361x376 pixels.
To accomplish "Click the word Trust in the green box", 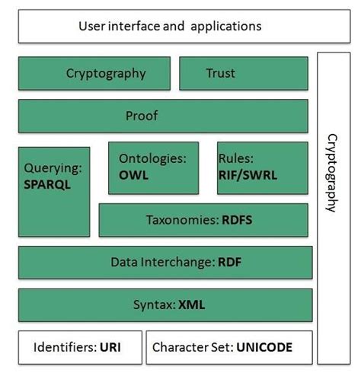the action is (221, 73).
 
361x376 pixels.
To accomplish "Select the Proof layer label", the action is (142, 116).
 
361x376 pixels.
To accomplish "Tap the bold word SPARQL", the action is (47, 184).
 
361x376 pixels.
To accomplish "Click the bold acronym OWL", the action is (133, 175).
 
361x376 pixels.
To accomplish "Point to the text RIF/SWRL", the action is (248, 175).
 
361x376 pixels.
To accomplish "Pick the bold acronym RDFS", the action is (237, 220).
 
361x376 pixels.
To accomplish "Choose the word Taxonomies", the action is (183, 220).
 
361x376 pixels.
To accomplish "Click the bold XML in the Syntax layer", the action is (192, 304).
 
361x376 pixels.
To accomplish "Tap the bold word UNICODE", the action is (264, 347).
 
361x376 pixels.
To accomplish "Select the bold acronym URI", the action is (110, 347).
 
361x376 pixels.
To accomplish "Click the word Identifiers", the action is (65, 347).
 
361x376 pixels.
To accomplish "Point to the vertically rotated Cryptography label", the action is (332, 173).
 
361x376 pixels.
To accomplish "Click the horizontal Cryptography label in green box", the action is (106, 74).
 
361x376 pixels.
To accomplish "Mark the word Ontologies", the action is (152, 159).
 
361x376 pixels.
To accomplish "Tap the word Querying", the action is (53, 168).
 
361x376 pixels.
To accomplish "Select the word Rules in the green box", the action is (236, 158).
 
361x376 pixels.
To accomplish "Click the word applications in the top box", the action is (226, 27).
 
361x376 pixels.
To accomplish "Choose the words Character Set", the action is (193, 347).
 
